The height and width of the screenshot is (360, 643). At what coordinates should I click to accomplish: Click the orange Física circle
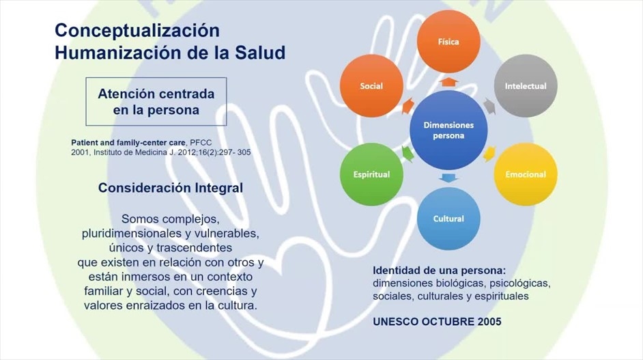tap(448, 42)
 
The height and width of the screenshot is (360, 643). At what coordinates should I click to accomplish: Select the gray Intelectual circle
tap(526, 86)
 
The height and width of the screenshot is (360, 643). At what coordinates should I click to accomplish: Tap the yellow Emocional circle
tap(526, 174)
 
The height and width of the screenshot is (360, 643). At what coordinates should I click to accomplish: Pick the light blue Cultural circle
tap(448, 219)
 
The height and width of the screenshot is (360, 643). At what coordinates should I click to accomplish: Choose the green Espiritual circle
tap(371, 174)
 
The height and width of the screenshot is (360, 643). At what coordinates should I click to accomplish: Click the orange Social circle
tap(371, 86)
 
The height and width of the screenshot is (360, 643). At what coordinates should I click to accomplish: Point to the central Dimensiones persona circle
tap(448, 130)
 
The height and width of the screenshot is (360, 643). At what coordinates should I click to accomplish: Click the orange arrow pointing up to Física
tap(448, 82)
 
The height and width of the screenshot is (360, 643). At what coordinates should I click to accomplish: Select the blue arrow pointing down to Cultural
tap(448, 178)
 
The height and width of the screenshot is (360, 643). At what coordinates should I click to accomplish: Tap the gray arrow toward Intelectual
tap(489, 106)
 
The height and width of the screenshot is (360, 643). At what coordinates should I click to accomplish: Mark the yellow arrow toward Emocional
tap(489, 154)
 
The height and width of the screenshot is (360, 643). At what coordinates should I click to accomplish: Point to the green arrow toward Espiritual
tap(408, 154)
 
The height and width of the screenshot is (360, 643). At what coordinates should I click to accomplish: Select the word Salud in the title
tap(260, 53)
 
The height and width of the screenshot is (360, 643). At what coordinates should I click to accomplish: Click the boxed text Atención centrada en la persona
tap(156, 102)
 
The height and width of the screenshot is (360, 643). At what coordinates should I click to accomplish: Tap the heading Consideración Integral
tap(171, 188)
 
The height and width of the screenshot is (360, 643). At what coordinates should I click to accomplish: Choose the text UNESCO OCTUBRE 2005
tap(437, 322)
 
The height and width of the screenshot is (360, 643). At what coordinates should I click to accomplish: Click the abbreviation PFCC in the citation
tap(201, 143)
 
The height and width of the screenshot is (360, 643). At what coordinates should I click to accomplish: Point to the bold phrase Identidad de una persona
tap(439, 271)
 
